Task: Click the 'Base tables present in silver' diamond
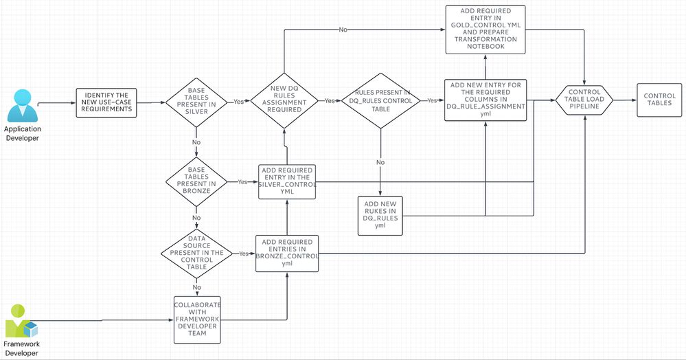(x=196, y=101)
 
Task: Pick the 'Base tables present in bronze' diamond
(x=196, y=182)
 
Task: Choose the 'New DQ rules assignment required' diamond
(x=284, y=101)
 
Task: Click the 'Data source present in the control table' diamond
(x=196, y=253)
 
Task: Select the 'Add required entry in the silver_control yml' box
(x=287, y=182)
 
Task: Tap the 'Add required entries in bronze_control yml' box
(x=287, y=253)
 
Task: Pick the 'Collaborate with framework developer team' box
(x=197, y=319)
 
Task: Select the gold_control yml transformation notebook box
(x=485, y=29)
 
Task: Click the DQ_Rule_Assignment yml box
(x=485, y=100)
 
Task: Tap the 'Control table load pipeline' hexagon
(x=585, y=100)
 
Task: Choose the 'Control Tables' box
(x=659, y=100)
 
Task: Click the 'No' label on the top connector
(x=343, y=29)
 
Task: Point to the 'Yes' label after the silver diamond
(x=239, y=101)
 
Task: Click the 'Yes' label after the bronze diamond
(x=242, y=182)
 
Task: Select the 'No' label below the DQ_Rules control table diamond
(x=380, y=163)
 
